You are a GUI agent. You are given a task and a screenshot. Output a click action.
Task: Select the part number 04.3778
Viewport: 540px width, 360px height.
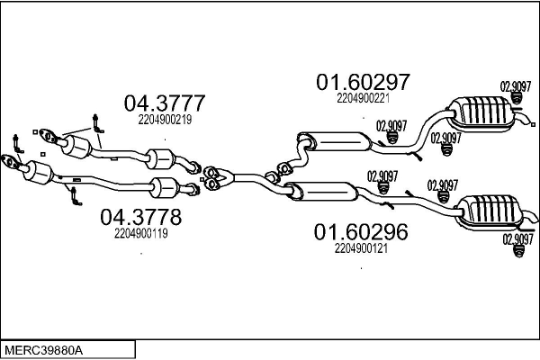coord(140,217)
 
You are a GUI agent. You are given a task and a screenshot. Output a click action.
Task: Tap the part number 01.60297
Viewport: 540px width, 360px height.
coord(362,83)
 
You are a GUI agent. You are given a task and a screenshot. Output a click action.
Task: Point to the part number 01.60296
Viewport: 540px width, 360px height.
coord(360,232)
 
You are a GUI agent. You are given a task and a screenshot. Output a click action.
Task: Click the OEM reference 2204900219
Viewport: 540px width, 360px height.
coord(165,118)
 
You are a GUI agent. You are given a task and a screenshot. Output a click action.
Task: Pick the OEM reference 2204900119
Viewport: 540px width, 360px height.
coord(141,233)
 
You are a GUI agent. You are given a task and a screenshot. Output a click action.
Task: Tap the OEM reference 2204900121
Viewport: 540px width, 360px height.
coord(360,248)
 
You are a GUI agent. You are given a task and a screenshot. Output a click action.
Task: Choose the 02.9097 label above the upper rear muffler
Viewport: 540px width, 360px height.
coord(515,87)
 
